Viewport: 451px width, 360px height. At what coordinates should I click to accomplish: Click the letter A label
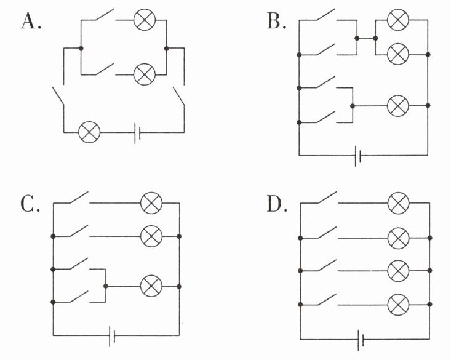click(31, 22)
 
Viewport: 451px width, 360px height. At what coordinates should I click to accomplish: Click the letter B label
click(276, 22)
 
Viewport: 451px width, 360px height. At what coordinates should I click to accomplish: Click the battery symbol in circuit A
click(137, 133)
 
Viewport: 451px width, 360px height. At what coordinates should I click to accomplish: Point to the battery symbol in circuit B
click(358, 156)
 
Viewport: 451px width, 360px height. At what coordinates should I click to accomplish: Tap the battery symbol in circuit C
click(112, 336)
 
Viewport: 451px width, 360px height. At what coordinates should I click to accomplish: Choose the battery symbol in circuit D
click(361, 340)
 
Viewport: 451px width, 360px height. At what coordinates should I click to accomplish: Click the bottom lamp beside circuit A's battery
click(89, 132)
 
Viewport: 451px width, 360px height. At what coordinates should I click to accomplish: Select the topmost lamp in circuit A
click(145, 20)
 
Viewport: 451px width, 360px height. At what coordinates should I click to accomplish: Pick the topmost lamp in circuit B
click(398, 20)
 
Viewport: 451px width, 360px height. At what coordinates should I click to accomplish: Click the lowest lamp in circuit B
click(398, 106)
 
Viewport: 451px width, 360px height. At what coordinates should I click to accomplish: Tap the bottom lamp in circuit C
click(151, 286)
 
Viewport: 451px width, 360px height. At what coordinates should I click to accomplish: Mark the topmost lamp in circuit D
click(398, 203)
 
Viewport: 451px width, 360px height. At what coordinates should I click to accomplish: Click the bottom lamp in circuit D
click(398, 305)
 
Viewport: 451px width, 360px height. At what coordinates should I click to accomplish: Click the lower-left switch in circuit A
click(58, 97)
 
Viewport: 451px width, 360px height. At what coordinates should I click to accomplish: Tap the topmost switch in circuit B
click(327, 15)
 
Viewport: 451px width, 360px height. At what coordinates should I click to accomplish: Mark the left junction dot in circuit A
click(81, 49)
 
